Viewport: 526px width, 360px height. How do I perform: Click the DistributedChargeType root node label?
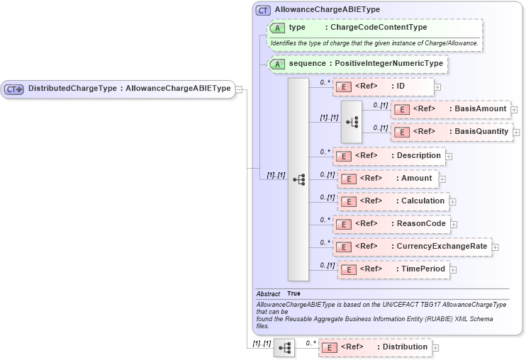(128, 89)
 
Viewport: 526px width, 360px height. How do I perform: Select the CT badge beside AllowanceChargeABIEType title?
(263, 10)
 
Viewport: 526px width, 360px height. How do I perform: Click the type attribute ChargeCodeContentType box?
(375, 28)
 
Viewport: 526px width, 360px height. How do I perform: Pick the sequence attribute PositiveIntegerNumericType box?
(358, 64)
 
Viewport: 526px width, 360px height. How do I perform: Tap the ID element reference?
(383, 86)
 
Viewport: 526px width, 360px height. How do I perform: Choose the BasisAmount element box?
(450, 109)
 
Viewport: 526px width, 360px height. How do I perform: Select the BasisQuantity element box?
(452, 132)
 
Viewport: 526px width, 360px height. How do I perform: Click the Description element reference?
(388, 156)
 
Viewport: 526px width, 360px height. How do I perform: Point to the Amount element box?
(387, 179)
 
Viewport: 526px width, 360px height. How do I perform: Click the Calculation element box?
(393, 201)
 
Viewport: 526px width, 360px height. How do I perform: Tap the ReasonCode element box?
(391, 224)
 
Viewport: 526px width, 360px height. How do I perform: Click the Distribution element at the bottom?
(375, 347)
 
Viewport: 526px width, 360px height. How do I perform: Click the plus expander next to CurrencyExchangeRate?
(496, 247)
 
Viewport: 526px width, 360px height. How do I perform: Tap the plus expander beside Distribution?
(436, 348)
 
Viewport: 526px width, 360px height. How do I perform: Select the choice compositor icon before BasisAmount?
(352, 121)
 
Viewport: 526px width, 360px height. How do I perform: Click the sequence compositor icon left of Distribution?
(284, 348)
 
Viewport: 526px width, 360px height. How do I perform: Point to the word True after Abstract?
(293, 293)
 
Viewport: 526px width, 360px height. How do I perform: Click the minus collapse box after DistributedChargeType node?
(239, 89)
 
